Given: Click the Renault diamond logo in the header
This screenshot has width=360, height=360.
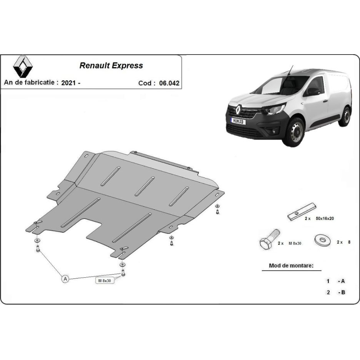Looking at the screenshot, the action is pos(23,67).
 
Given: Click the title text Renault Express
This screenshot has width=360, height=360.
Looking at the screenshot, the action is pos(111,66).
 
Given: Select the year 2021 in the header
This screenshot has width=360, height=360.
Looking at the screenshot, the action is pos(68,83).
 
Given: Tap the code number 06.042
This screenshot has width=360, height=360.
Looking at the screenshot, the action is pos(169,83).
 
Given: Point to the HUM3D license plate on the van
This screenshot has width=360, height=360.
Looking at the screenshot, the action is pos(238,121).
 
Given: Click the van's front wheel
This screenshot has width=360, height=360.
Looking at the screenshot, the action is pos(295,132).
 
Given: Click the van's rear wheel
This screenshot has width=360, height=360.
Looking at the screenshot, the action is pos(345,116).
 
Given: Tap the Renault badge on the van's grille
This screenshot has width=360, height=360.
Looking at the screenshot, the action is pos(238,109).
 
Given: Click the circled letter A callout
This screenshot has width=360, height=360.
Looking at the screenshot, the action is pos(65,279).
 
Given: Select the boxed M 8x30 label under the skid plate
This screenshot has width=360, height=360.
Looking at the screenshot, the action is pos(105,280).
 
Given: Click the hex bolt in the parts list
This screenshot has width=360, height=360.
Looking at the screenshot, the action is pos(270,240).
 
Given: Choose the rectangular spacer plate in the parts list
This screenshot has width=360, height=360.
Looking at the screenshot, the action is pos(302,212).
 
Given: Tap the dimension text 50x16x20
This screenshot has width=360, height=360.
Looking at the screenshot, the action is pos(325,218).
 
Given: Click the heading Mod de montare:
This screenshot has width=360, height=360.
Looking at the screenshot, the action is pos(291,266).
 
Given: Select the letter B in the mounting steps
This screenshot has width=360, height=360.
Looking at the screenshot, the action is pos(343,292).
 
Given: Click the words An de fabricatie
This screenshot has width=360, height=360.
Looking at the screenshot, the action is pos(29,82).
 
